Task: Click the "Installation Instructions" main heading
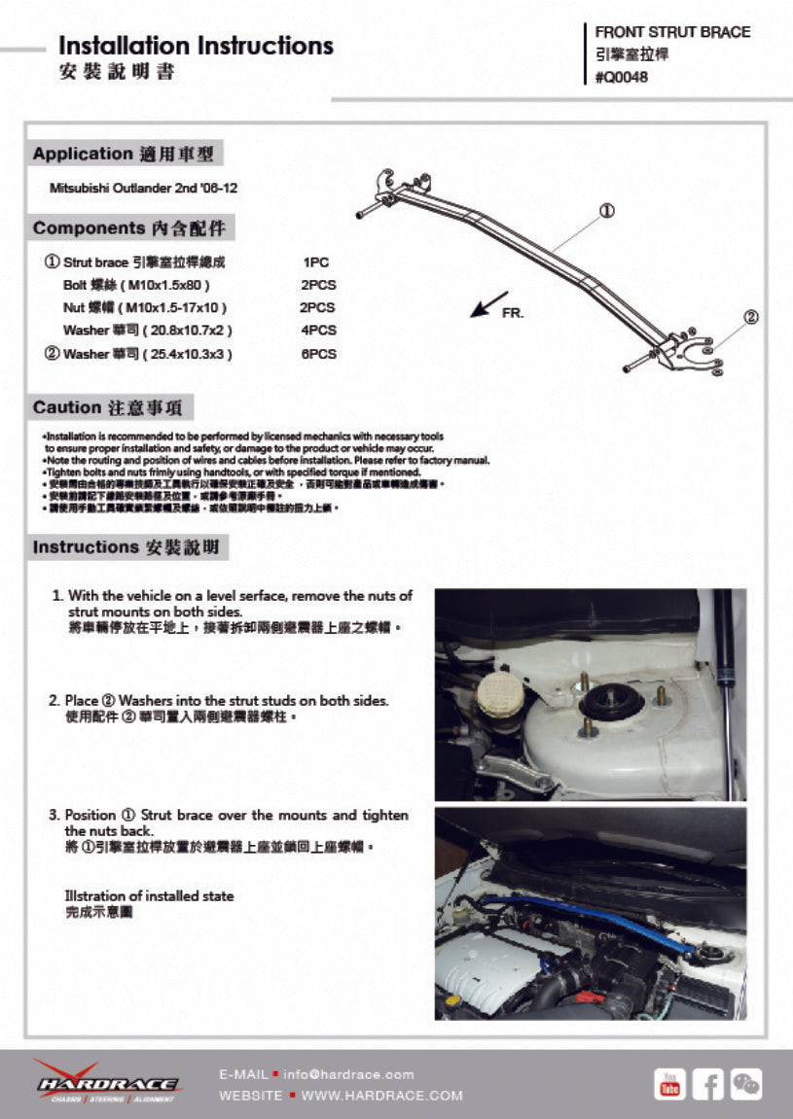[196, 46]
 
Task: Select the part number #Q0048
[621, 78]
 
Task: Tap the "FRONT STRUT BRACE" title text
[672, 32]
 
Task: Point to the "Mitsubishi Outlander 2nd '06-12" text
[143, 188]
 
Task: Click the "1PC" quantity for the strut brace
[316, 262]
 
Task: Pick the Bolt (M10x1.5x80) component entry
[136, 285]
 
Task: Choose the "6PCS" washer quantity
[318, 354]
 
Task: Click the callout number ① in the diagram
[605, 210]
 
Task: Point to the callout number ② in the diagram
[750, 317]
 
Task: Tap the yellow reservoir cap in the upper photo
[498, 696]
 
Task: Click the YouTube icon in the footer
[669, 1083]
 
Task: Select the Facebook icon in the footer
[707, 1083]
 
